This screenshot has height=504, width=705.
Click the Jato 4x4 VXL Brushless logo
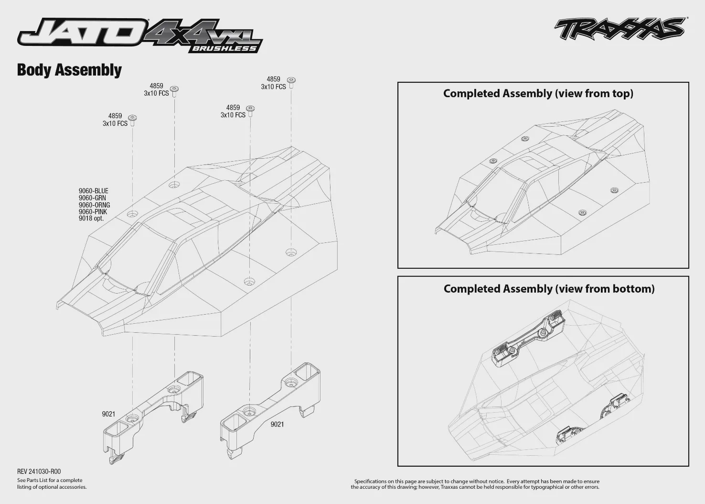(140, 35)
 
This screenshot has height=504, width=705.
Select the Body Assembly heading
(69, 70)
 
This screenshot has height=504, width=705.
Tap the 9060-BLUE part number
(94, 191)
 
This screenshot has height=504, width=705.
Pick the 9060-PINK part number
(93, 212)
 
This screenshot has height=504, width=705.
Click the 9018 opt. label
(91, 219)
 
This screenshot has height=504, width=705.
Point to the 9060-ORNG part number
(95, 205)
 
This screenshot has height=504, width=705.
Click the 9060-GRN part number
(92, 198)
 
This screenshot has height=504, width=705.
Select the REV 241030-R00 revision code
(39, 471)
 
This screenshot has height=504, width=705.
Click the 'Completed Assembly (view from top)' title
(538, 94)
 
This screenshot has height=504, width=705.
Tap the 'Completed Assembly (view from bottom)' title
(549, 289)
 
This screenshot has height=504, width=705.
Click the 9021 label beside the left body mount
(108, 414)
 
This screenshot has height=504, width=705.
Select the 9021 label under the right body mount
(278, 424)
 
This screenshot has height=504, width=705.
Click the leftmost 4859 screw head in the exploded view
(132, 118)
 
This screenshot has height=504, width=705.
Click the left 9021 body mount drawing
(153, 418)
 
